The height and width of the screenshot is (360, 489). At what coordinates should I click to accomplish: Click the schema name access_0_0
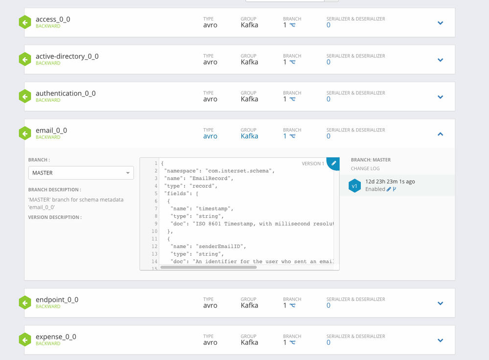click(53, 20)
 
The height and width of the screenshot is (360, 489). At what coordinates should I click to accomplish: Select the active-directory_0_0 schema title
click(67, 56)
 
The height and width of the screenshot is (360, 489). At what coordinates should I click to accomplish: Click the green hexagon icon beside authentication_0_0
click(25, 96)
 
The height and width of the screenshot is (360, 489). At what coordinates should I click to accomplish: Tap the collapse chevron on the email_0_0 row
click(440, 134)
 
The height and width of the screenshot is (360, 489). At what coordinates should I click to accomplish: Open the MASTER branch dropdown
click(81, 173)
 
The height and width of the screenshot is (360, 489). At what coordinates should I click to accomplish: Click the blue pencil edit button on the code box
click(334, 163)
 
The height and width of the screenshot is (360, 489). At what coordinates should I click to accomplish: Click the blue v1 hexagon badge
click(354, 186)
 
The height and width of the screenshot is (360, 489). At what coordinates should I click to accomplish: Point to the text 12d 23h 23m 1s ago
click(390, 181)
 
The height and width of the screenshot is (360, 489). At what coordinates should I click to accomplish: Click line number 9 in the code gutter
click(155, 224)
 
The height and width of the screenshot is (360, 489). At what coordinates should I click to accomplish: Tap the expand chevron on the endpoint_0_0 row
click(440, 303)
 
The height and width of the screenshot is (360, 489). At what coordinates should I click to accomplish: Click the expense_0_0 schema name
click(56, 337)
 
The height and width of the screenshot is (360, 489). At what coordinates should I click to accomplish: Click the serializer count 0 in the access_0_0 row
click(328, 25)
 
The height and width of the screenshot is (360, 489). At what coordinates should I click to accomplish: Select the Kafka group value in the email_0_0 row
click(249, 136)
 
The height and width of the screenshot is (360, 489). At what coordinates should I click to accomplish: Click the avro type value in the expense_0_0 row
click(210, 342)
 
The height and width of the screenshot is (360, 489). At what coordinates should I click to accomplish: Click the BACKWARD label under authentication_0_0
click(48, 100)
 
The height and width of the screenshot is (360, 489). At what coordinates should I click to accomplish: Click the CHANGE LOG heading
click(365, 169)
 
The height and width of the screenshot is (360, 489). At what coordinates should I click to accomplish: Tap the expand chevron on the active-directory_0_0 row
click(440, 60)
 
